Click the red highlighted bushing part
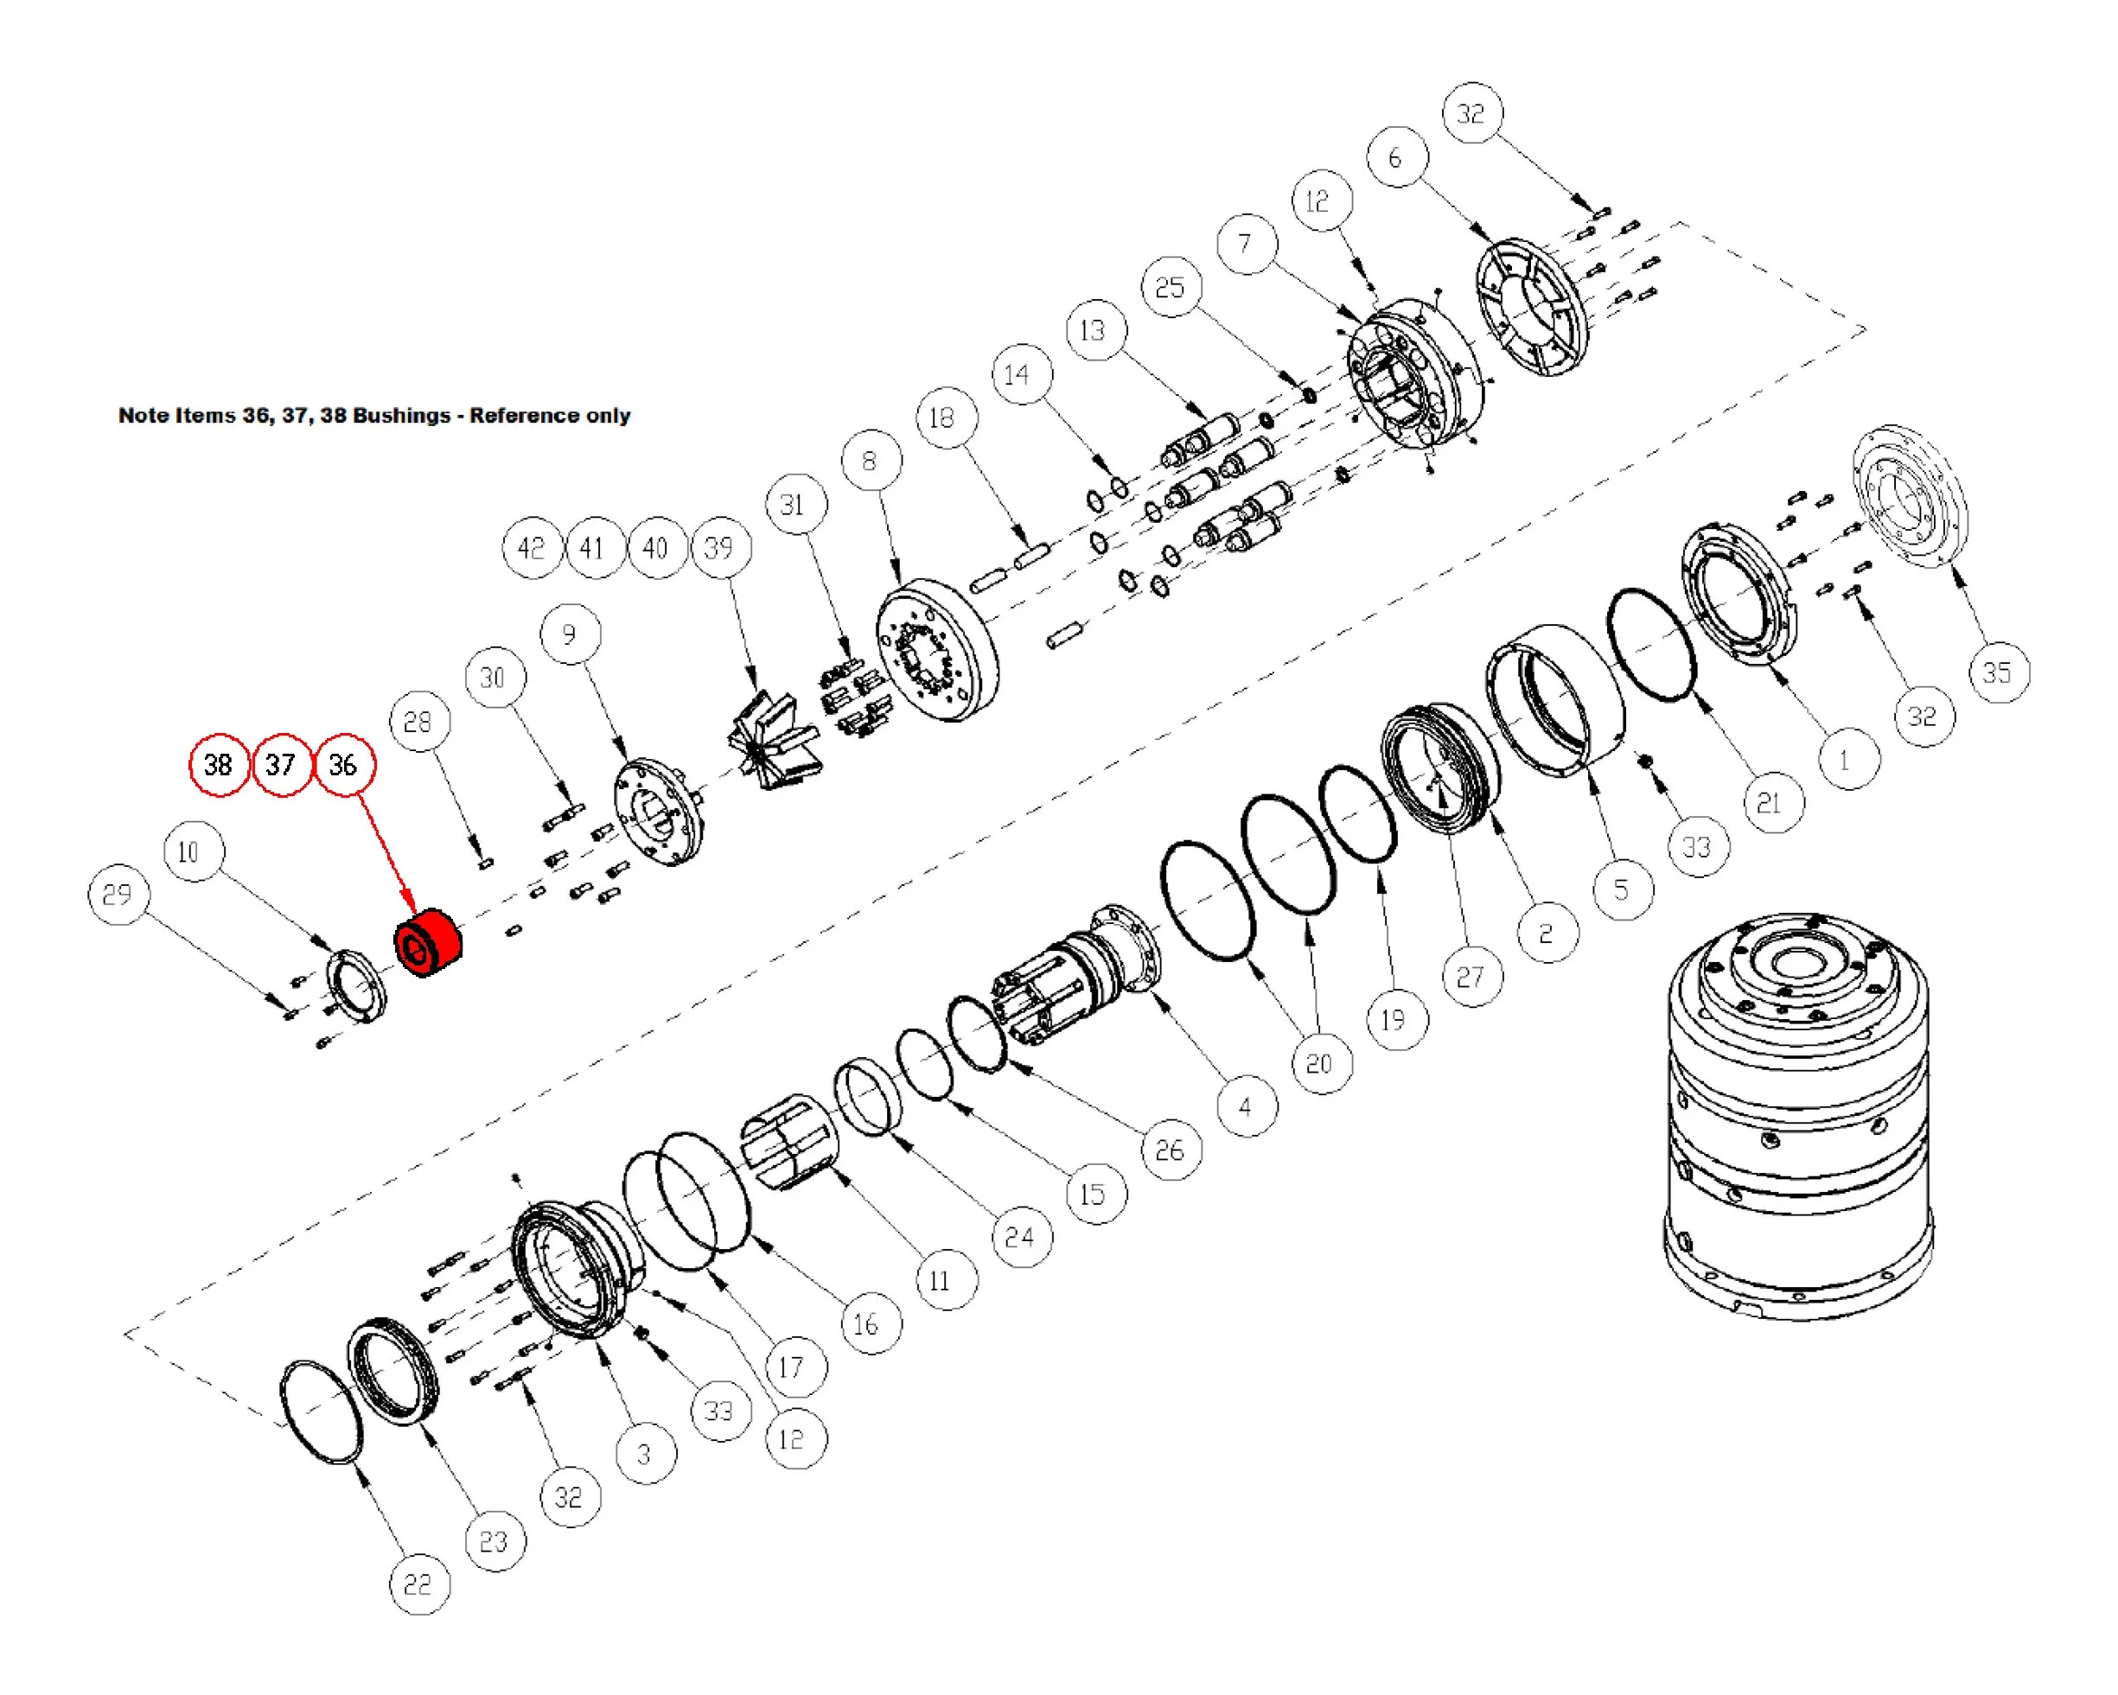pos(428,943)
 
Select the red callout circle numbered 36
pos(343,765)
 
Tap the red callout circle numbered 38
pos(218,765)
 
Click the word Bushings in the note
pos(401,416)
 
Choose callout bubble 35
pos(1997,672)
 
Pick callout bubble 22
pos(418,1584)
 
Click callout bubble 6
pos(1396,157)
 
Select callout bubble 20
pos(1319,1063)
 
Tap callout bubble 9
pos(570,634)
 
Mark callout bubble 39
pos(720,548)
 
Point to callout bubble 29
pos(117,895)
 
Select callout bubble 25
pos(1170,288)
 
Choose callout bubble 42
pos(532,548)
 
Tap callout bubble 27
pos(1470,977)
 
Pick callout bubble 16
pos(866,1324)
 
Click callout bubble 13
pos(1094,331)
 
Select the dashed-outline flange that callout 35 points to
pos(1910,496)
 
